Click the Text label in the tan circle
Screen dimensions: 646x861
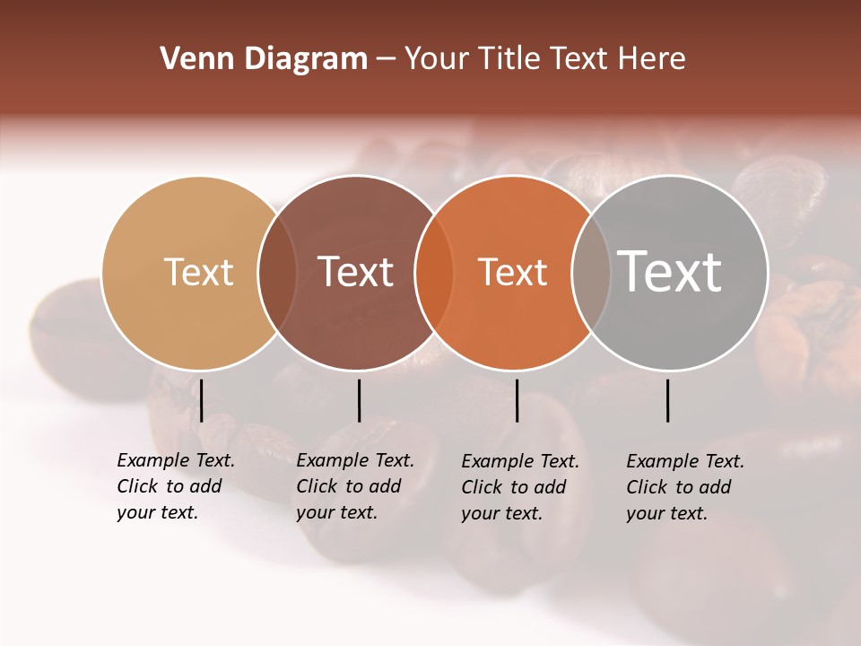pos(198,272)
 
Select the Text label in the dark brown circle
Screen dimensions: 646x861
pos(356,272)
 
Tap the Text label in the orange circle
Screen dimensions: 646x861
pos(513,272)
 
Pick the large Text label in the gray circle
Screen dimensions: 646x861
pos(670,272)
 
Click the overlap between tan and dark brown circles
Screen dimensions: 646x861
pos(277,273)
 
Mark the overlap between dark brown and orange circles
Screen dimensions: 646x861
pos(434,273)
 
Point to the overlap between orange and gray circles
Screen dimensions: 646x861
pos(591,273)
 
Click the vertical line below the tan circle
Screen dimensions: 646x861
pos(202,400)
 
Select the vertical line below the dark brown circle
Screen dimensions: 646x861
pos(359,400)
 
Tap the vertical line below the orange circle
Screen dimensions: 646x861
pos(517,400)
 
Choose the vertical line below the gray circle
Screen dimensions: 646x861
pos(667,400)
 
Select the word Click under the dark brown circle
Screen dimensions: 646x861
pos(317,486)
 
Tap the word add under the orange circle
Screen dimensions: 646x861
pos(548,487)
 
